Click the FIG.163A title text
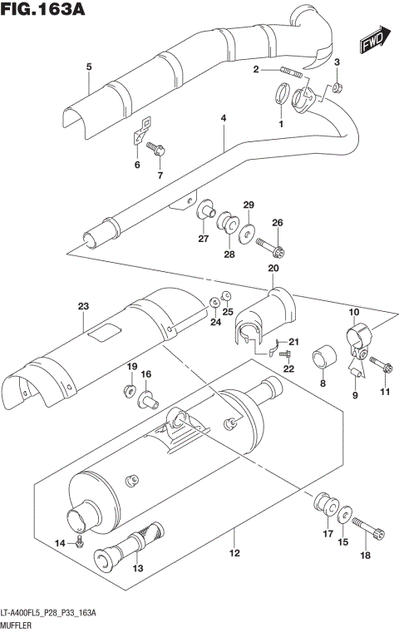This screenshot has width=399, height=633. point(47,12)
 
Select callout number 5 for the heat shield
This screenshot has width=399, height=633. point(88,67)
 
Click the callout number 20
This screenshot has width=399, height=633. point(273,268)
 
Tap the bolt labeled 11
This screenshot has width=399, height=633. point(383,365)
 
